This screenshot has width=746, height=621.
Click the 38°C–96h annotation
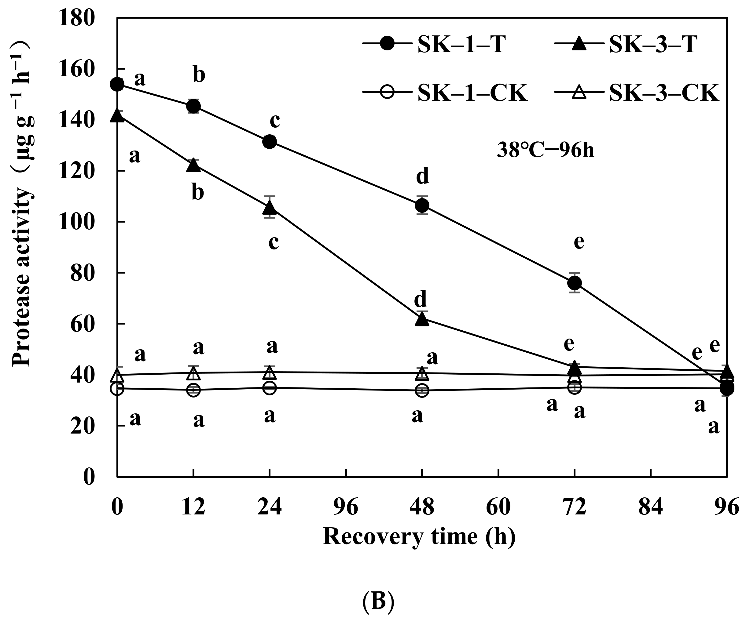[x=545, y=151]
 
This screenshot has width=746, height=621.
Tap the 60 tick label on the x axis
[x=498, y=507]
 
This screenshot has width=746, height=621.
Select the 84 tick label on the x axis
[x=650, y=507]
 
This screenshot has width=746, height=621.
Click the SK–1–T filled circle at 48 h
[x=422, y=205]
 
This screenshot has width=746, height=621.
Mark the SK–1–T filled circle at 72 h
[x=575, y=283]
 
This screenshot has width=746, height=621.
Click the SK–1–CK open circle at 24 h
[x=270, y=388]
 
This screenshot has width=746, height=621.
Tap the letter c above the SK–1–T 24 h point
[x=275, y=121]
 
